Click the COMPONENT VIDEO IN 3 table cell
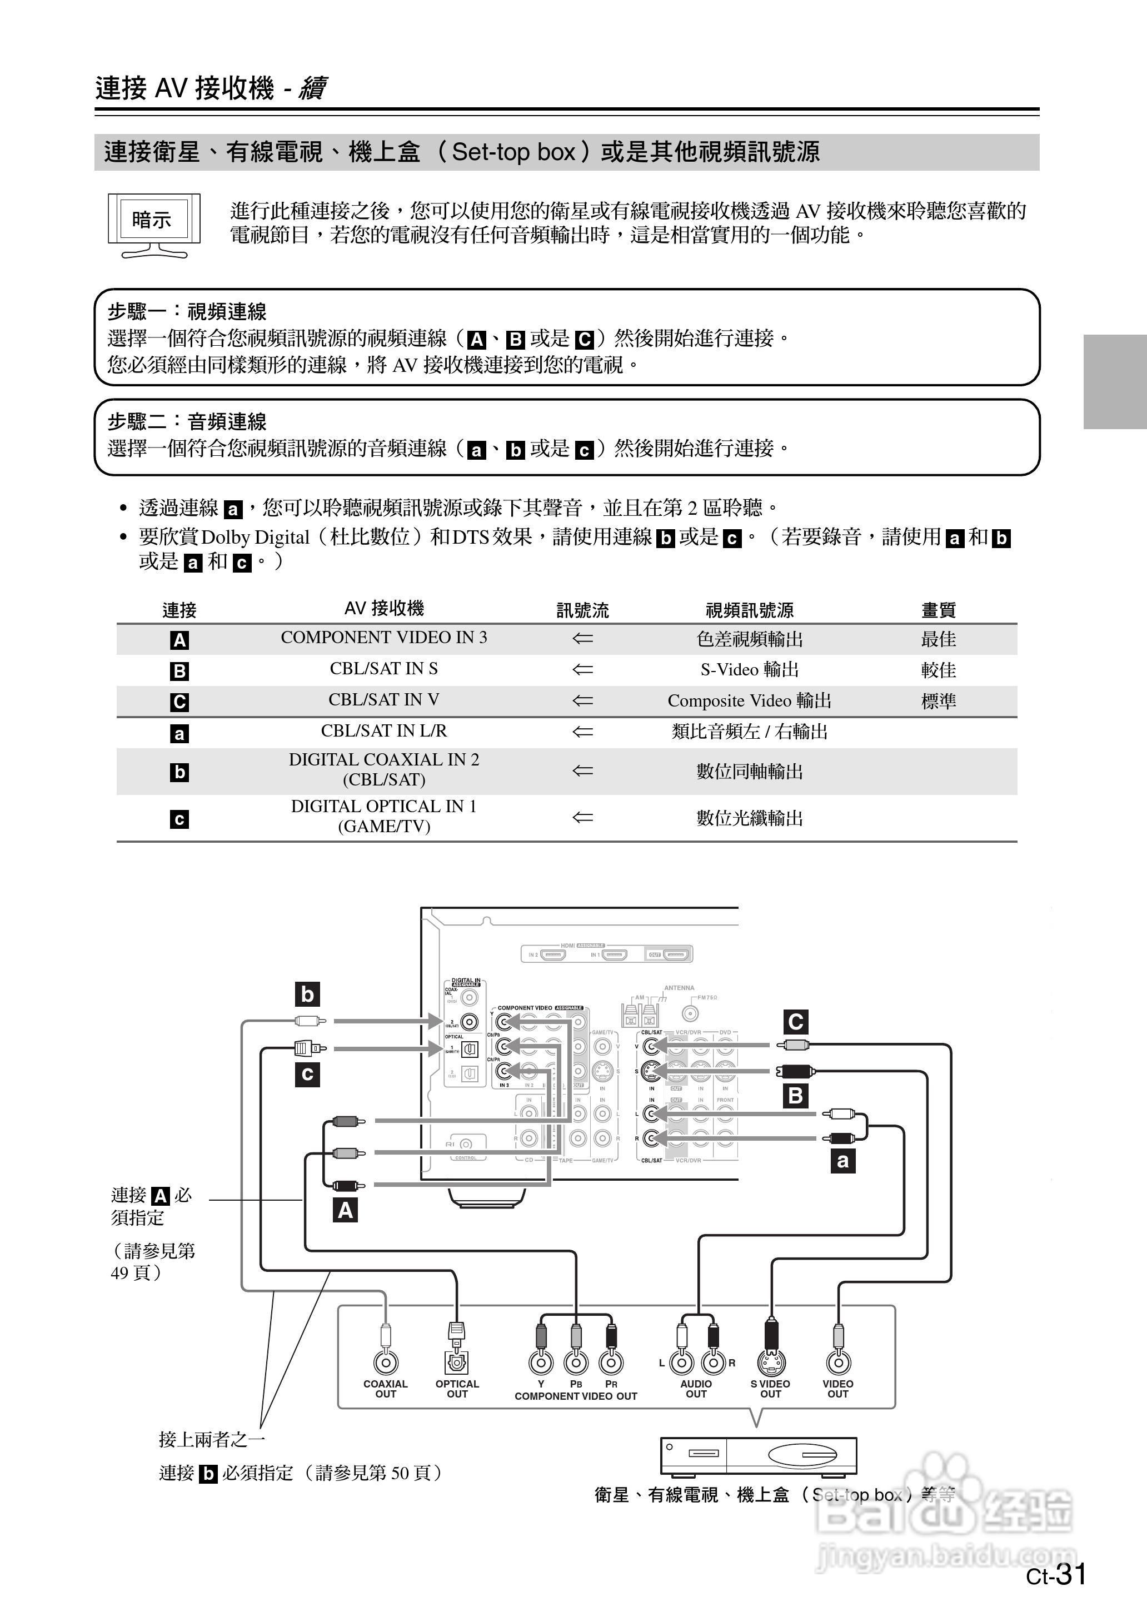pyautogui.click(x=383, y=638)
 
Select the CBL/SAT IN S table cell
pyautogui.click(x=383, y=669)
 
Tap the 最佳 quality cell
pyautogui.click(x=938, y=639)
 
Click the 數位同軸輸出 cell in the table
pyautogui.click(x=749, y=771)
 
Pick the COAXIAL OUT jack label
pyautogui.click(x=386, y=1389)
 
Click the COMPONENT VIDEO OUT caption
pyautogui.click(x=576, y=1396)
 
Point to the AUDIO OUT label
pyautogui.click(x=696, y=1389)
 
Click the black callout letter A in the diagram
pyautogui.click(x=345, y=1211)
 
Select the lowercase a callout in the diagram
pyautogui.click(x=842, y=1161)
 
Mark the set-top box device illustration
pyautogui.click(x=758, y=1456)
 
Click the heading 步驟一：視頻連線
pyautogui.click(x=187, y=311)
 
